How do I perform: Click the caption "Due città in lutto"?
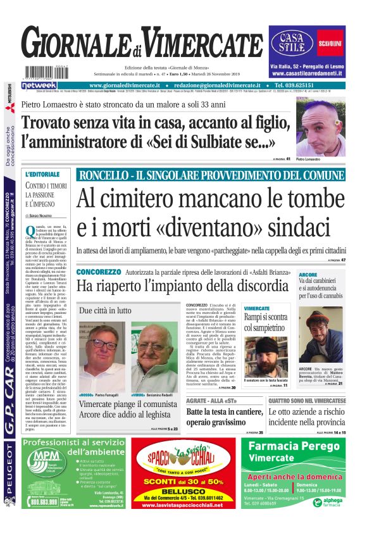[106, 310]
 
